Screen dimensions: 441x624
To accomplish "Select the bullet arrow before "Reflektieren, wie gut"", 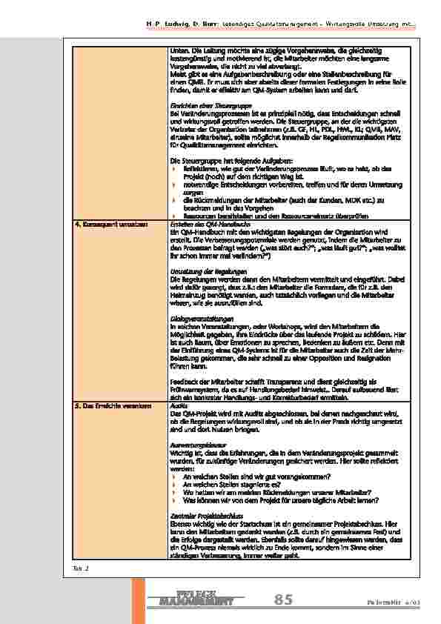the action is (x=174, y=169).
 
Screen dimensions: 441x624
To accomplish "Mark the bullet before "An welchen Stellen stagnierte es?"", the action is (x=174, y=484).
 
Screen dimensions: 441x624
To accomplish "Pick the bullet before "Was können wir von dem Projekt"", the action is (x=174, y=500).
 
